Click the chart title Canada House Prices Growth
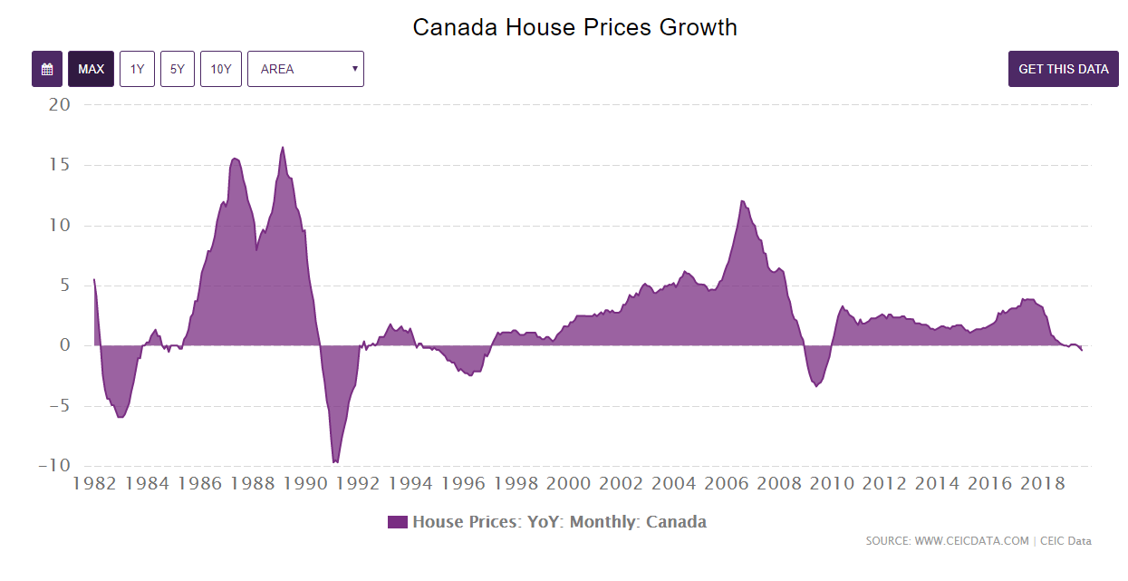tap(574, 27)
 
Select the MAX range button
tap(91, 69)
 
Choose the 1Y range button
tap(137, 69)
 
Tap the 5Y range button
tap(178, 69)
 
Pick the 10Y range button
tap(221, 69)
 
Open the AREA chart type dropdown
tap(305, 69)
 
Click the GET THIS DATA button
tap(1063, 69)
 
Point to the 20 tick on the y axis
tap(60, 104)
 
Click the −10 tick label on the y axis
tap(53, 465)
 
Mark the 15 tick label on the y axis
tap(60, 165)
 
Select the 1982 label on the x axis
tap(94, 484)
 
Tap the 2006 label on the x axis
tap(726, 484)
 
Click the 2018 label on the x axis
tap(1042, 484)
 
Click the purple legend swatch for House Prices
tap(398, 522)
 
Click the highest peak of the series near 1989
tap(283, 147)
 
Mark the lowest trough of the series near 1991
tap(335, 462)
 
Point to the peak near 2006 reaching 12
tap(742, 201)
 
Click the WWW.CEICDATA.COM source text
tap(971, 541)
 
